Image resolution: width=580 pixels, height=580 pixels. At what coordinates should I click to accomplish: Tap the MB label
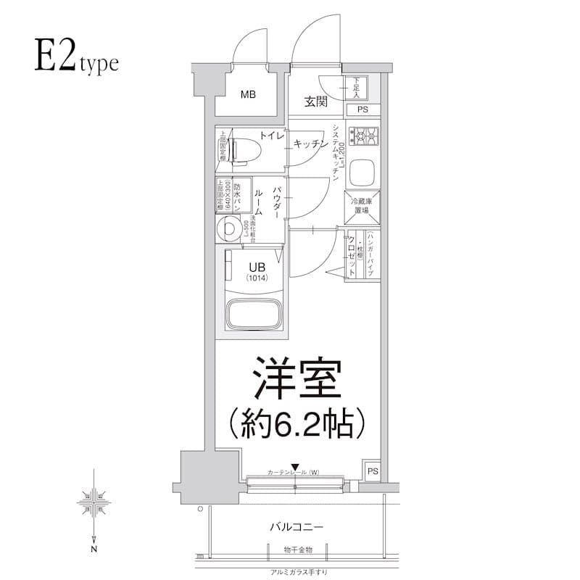point(248,94)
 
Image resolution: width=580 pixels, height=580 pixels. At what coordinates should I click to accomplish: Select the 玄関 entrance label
point(315,101)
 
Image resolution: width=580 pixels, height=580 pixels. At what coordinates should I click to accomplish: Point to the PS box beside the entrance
point(362,109)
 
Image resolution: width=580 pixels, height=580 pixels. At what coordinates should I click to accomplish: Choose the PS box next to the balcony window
point(372,471)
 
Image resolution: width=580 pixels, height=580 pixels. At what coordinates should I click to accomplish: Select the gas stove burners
point(364,136)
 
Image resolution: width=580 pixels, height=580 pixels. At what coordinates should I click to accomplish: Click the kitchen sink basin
point(362,173)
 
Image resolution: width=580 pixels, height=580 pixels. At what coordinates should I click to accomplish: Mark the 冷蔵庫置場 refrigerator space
point(361,206)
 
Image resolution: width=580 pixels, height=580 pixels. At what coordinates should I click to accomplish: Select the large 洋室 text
point(296,378)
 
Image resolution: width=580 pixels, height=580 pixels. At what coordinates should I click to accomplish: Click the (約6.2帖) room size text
point(296,423)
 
